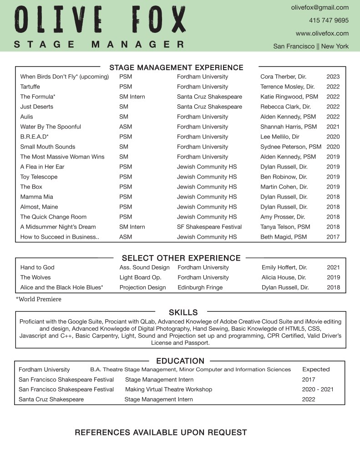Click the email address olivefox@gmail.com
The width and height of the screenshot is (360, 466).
tap(319, 7)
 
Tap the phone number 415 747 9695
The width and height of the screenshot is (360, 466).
tap(329, 20)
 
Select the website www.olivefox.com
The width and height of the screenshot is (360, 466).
tap(322, 33)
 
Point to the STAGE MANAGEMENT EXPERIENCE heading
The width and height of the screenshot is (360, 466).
tap(176, 67)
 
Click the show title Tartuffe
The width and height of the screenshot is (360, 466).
tap(30, 87)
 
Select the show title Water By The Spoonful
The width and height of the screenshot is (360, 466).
tap(51, 127)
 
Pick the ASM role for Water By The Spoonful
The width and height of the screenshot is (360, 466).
tap(126, 127)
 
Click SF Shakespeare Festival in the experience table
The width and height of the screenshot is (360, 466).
tap(209, 227)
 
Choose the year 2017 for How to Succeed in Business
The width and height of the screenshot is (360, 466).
tap(333, 237)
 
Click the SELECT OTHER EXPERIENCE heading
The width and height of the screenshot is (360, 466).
tap(181, 258)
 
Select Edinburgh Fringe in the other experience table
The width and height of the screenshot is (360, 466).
tap(200, 287)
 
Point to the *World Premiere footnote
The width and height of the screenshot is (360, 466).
tap(38, 299)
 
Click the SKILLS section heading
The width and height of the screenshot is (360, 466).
tap(183, 312)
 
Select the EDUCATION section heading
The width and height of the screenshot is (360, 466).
tap(180, 361)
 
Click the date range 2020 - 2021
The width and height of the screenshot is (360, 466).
tap(318, 389)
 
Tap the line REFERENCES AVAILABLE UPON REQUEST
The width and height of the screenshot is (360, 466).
tap(161, 432)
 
